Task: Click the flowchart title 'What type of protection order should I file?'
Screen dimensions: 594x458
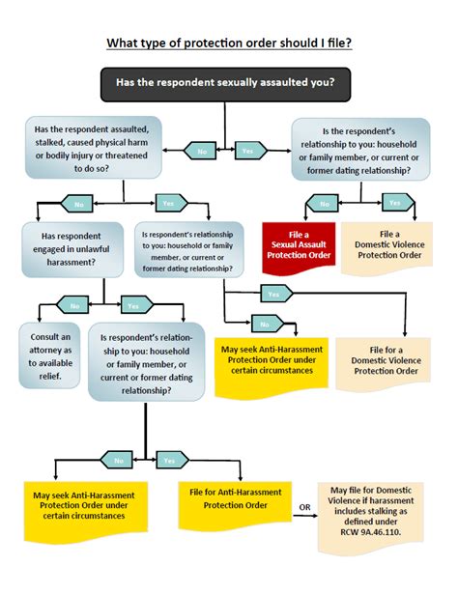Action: coord(228,42)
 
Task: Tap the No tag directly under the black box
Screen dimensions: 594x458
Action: coord(204,152)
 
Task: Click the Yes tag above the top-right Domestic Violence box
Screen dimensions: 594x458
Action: coord(394,203)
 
